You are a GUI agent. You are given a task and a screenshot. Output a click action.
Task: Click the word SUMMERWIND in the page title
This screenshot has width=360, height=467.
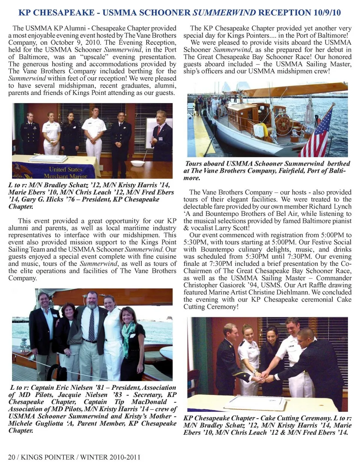224,12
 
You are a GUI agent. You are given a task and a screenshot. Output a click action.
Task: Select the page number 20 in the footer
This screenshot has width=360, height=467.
12,457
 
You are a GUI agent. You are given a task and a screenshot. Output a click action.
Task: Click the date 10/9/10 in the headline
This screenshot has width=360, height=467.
326,12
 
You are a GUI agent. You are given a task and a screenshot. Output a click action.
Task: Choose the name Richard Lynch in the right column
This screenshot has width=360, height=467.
330,207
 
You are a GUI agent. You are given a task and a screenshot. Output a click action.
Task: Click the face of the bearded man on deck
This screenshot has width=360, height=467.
92,300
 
